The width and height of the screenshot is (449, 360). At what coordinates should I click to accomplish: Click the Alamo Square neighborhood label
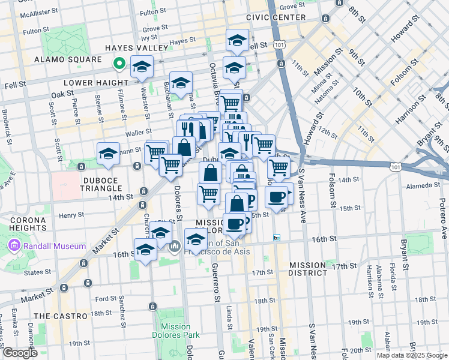tap(68, 60)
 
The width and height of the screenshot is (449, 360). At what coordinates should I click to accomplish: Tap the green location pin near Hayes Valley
tap(119, 62)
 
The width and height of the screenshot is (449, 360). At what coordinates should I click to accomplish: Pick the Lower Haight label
tap(98, 82)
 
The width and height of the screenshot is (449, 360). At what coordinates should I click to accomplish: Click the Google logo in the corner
tap(20, 353)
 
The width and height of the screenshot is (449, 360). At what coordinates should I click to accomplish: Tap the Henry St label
tap(71, 215)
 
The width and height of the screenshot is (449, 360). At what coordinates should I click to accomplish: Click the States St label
tap(38, 272)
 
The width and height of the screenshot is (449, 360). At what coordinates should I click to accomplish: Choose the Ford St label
tap(106, 298)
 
